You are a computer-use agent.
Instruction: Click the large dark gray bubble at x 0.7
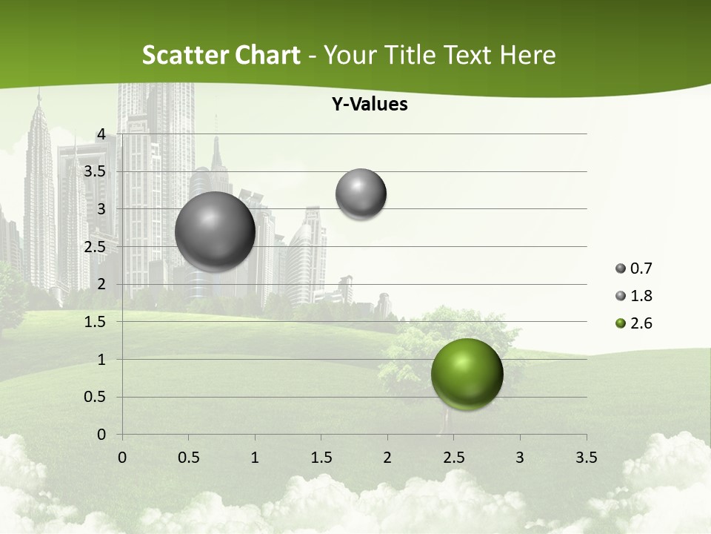click(216, 231)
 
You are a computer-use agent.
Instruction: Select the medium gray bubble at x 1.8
click(361, 194)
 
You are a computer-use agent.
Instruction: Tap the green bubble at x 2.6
click(467, 374)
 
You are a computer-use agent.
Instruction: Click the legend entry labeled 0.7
click(634, 268)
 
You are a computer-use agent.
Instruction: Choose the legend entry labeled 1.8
click(634, 296)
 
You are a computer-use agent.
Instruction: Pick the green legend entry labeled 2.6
click(634, 323)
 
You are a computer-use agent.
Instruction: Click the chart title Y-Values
click(370, 105)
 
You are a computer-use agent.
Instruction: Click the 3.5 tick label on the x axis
click(586, 458)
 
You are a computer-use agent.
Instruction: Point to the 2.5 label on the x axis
click(453, 458)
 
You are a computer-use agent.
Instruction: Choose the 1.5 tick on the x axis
click(321, 458)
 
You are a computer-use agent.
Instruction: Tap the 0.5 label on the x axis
click(188, 458)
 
